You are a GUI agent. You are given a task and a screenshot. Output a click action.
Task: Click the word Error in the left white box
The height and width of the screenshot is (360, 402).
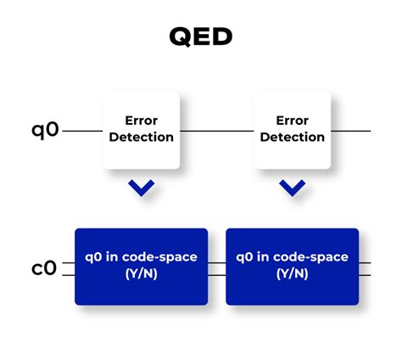(141, 121)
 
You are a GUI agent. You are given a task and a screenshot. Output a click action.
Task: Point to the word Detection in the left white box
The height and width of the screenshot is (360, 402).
(141, 137)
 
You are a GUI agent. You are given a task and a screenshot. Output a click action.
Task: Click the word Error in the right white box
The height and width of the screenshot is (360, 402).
(292, 121)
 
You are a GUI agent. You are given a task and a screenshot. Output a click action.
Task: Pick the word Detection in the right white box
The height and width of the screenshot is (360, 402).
(292, 137)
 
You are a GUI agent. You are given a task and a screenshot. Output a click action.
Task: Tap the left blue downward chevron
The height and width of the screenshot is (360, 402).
(141, 188)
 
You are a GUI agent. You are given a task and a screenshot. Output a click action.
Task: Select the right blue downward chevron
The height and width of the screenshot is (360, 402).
(292, 188)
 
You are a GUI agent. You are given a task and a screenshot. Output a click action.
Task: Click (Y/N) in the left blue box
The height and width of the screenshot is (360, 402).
(141, 274)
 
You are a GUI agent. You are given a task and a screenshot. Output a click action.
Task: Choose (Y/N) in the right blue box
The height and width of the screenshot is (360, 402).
(292, 274)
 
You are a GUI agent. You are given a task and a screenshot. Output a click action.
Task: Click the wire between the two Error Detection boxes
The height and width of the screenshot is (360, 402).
(216, 132)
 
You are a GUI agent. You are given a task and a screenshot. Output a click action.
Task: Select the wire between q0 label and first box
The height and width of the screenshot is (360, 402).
(82, 132)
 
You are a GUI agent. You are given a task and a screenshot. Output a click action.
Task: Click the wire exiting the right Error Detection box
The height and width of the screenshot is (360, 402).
(351, 132)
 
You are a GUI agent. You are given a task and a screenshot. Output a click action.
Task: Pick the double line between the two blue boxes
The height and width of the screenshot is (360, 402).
(216, 268)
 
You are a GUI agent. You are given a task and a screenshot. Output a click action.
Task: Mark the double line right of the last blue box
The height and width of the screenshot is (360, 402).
(365, 268)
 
